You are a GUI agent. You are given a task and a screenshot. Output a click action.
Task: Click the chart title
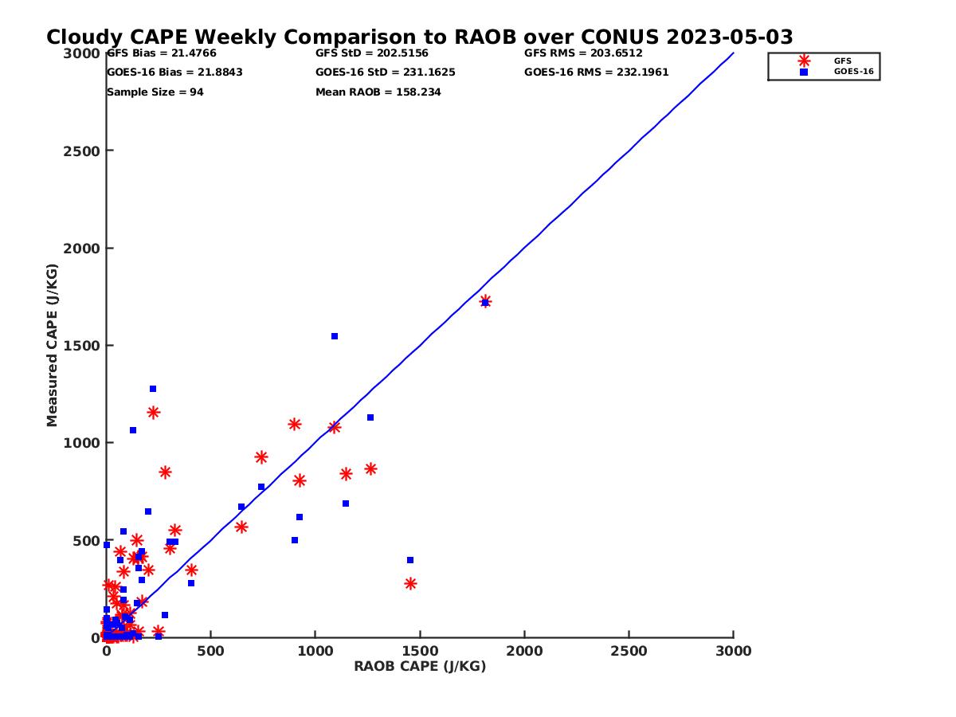[x=419, y=37]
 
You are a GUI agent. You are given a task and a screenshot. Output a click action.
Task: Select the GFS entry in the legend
[x=842, y=61]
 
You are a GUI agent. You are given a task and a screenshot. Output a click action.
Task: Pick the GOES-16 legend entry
[x=853, y=72]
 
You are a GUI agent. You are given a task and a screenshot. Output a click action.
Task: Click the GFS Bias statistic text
[x=162, y=53]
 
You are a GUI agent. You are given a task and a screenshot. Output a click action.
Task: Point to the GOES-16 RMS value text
[x=596, y=72]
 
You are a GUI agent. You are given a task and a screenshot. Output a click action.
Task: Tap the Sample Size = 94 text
[x=155, y=92]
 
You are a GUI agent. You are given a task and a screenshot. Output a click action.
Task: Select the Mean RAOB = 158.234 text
[x=378, y=92]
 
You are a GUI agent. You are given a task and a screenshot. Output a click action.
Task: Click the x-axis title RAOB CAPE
[x=420, y=667]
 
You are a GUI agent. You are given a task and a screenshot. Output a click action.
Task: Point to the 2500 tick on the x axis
[x=629, y=651]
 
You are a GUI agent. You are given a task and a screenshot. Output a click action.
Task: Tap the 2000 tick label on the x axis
[x=524, y=651]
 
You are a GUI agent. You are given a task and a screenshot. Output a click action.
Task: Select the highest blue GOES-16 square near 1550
[x=335, y=336]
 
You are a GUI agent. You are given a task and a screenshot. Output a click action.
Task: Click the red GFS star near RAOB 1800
[x=485, y=301]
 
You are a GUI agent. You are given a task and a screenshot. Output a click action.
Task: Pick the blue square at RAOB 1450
[x=410, y=560]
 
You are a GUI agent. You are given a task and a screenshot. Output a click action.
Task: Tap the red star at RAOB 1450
[x=410, y=584]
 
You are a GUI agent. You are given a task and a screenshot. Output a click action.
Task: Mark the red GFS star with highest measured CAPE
[x=485, y=301]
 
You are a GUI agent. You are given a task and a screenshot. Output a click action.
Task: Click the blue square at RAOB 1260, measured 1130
[x=370, y=417]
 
